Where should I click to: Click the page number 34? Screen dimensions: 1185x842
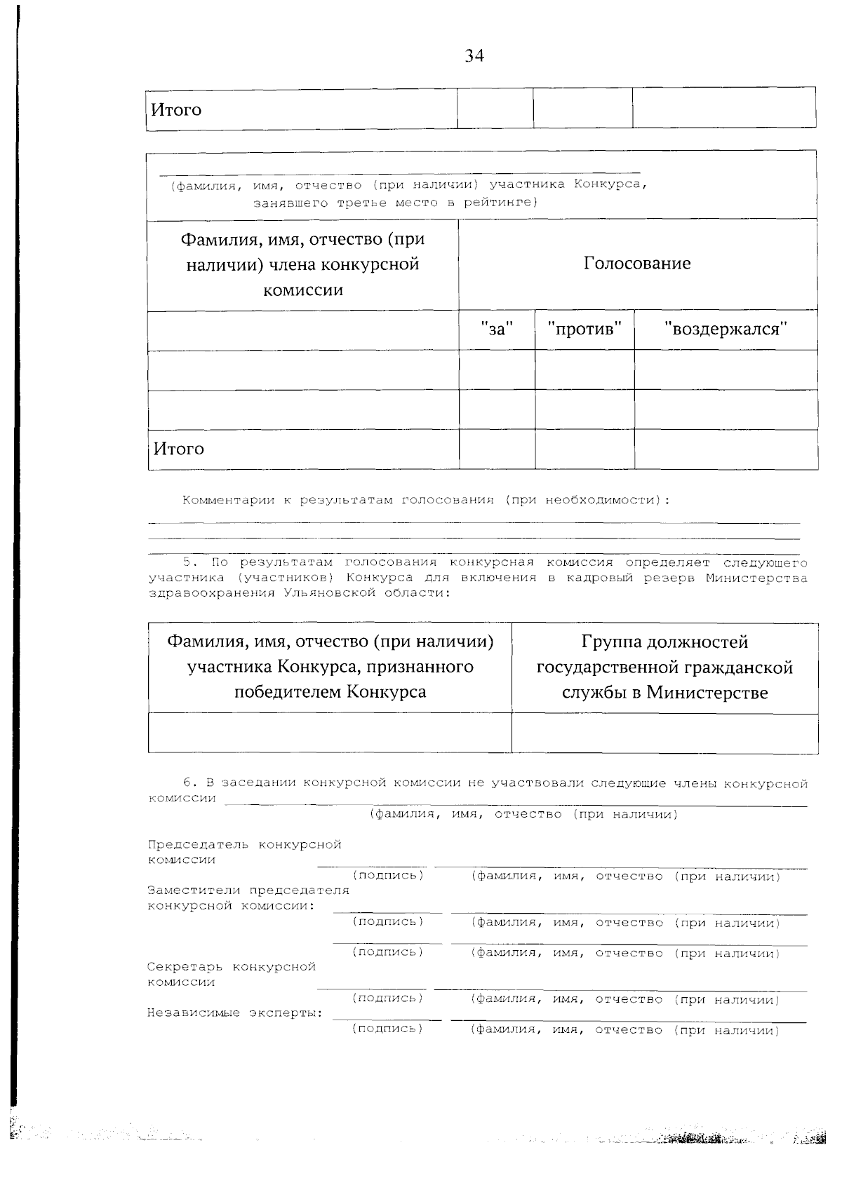coord(474,56)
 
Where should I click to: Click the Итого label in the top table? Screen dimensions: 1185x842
coord(176,110)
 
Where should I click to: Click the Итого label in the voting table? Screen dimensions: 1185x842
coord(178,449)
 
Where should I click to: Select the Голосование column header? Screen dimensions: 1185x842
coord(637,264)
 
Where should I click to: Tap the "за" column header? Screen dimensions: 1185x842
coord(497,329)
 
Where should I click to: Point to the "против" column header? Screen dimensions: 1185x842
coord(584,329)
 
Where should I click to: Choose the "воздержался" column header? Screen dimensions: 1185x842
coord(726,329)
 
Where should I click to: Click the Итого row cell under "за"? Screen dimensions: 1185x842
coord(497,449)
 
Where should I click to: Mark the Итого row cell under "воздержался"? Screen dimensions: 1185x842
coord(726,449)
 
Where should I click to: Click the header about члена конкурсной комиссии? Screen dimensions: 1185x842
coord(302,264)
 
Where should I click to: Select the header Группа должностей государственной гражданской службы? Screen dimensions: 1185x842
coord(664,667)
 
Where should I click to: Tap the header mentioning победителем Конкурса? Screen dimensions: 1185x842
coord(330,667)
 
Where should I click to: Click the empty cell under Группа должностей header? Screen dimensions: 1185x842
coord(664,733)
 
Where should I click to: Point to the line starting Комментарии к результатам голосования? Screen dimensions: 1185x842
coord(426,501)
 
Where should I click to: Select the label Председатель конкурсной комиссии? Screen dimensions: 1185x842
coord(243,852)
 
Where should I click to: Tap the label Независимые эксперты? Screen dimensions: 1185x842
coord(235,1013)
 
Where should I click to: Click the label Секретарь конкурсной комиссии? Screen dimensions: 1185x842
coord(231,974)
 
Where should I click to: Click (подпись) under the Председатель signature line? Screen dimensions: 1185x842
coord(388,876)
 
